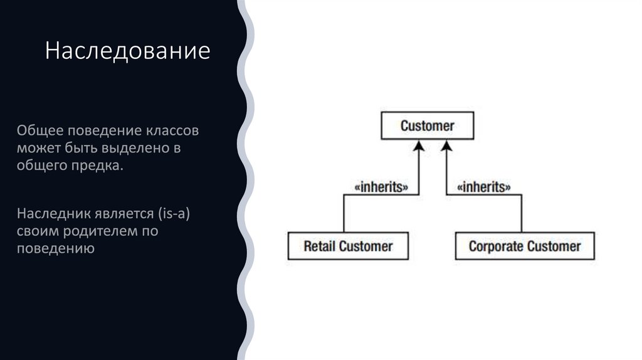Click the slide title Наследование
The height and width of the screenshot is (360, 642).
click(x=127, y=51)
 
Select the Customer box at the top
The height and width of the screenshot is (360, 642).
click(x=427, y=125)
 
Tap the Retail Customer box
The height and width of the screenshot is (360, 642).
click(x=347, y=246)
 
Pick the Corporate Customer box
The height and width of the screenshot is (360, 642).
click(x=524, y=246)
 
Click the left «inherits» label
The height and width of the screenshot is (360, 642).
click(x=382, y=187)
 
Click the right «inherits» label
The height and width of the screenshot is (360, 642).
click(x=483, y=187)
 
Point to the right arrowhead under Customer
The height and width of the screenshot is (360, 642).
click(x=446, y=146)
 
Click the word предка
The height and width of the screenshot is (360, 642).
click(x=99, y=167)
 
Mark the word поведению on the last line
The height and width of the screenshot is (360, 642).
click(x=56, y=249)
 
